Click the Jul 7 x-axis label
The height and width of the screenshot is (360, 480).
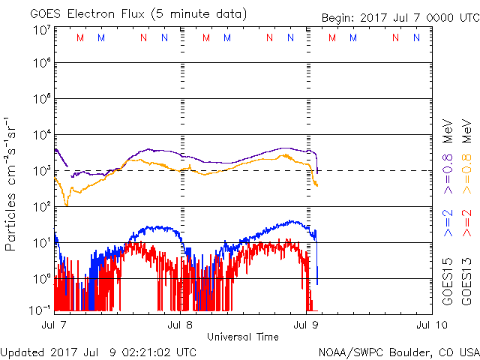[x=54, y=325]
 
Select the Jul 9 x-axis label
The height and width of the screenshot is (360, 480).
[x=307, y=325]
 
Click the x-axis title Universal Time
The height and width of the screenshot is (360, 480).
[x=243, y=337]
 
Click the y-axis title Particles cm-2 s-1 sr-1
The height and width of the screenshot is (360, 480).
[x=12, y=184]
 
